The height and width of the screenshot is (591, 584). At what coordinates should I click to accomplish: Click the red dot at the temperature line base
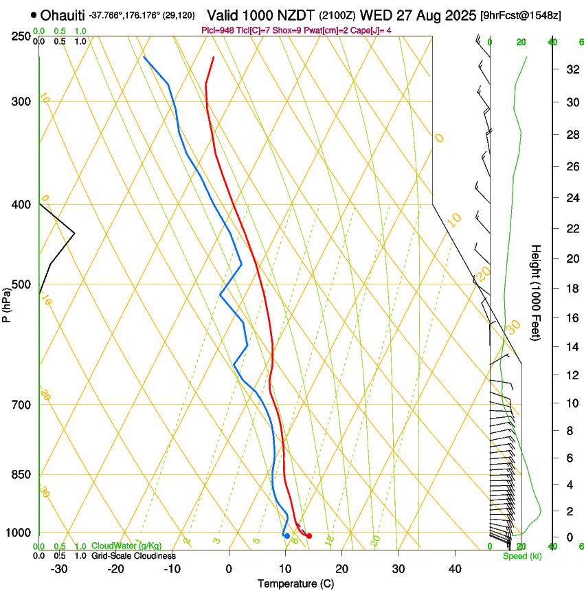(309, 536)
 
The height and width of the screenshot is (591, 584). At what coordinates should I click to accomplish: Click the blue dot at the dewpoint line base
(287, 535)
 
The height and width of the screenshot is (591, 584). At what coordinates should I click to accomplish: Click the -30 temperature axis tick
(59, 569)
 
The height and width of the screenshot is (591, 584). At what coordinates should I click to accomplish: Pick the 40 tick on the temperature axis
(454, 569)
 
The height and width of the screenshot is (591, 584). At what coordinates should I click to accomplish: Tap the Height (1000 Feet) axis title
(537, 293)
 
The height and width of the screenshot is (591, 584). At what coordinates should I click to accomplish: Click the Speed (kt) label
(521, 556)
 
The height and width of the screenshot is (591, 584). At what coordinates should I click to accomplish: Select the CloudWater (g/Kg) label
(126, 546)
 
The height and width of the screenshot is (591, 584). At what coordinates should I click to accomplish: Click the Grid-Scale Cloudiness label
(133, 556)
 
